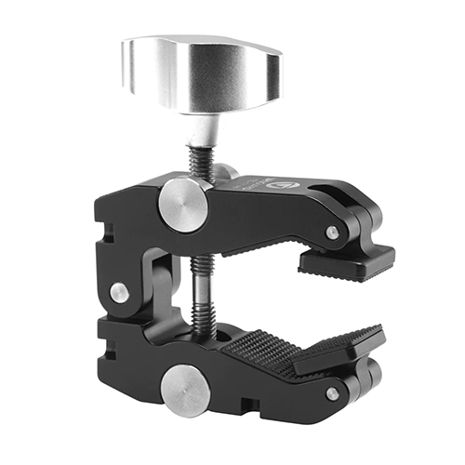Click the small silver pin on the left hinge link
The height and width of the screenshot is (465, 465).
click(x=119, y=292)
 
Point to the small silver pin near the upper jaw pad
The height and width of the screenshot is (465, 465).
click(x=332, y=232)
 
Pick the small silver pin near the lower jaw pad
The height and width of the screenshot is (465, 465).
click(x=332, y=393)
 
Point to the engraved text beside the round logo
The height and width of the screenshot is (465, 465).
click(x=253, y=185)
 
